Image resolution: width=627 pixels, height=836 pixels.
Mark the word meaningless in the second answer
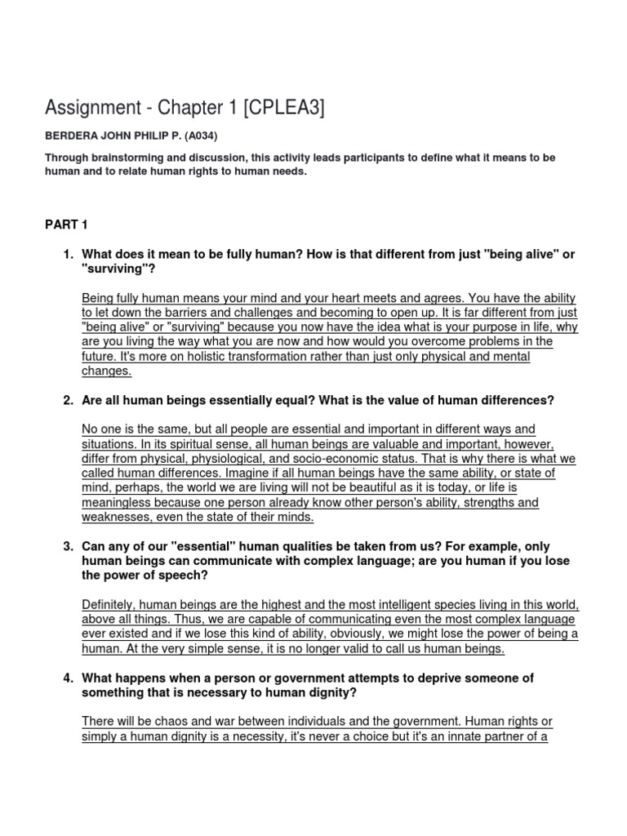point(119,503)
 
